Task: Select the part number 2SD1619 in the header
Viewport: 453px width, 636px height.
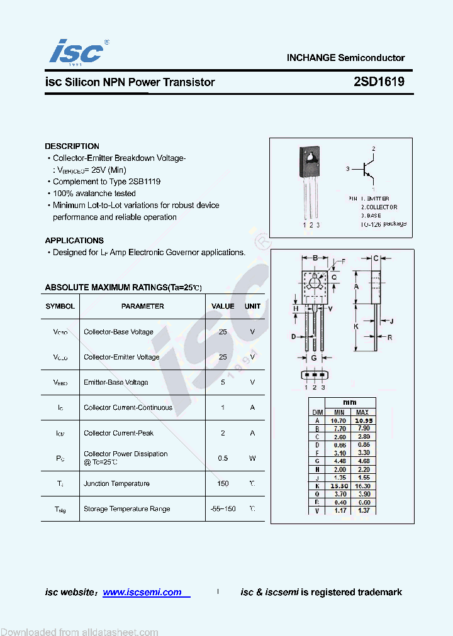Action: coord(379,82)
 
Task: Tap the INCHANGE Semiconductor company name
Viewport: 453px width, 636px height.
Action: coord(345,58)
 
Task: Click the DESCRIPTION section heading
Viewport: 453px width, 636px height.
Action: coord(72,146)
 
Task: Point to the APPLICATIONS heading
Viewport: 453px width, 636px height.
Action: coord(74,241)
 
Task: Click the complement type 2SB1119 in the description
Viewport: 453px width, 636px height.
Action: coord(144,182)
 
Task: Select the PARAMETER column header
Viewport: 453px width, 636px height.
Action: coord(142,306)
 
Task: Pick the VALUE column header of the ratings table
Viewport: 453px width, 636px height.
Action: coord(223,306)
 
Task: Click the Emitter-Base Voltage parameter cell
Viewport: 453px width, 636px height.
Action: coord(116,382)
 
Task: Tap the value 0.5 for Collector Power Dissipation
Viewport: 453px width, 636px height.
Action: coord(223,458)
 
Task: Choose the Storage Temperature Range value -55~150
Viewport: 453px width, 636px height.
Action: coord(223,509)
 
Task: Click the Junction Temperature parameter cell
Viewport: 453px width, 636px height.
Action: coord(116,484)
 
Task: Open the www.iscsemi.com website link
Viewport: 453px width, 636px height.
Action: coord(142,592)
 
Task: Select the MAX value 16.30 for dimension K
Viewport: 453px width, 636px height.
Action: coord(362,486)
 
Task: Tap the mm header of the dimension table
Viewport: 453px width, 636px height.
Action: coord(350,402)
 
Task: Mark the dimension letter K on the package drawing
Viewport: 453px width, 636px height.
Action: coord(356,327)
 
